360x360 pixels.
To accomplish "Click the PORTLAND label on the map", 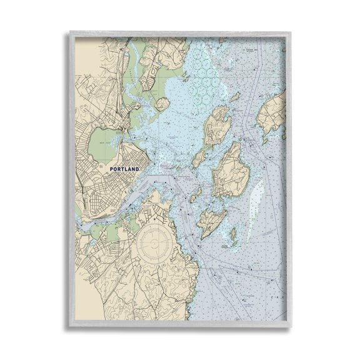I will pos(125,169).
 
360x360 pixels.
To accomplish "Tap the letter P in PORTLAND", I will pos(111,169).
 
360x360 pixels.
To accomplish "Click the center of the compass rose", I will pos(153,241).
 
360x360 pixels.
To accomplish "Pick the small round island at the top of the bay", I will pos(161,103).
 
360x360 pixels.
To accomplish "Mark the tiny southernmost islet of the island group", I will pos(232,236).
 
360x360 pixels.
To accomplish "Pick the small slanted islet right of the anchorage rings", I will pos(234,97).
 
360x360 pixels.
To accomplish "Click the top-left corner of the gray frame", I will pos(71,31).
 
